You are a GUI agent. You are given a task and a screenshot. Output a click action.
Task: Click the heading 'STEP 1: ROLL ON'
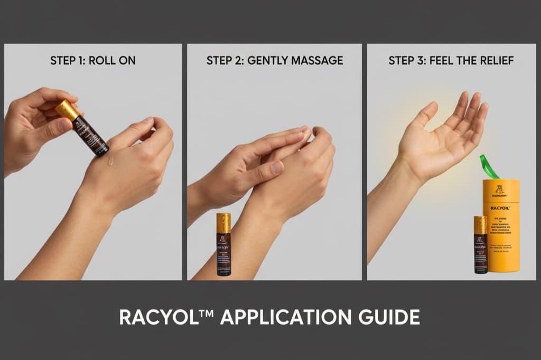point(92,60)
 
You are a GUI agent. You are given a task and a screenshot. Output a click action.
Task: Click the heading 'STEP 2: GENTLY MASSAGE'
point(274,60)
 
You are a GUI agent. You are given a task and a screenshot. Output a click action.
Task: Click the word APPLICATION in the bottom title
point(283,317)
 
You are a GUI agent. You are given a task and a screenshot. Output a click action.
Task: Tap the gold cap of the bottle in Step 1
point(68,109)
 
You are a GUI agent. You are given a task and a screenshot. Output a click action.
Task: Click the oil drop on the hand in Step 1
point(111,160)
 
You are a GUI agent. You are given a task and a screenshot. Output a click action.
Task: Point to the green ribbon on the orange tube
point(488,168)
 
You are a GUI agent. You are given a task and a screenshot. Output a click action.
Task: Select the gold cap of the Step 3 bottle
point(480,225)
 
